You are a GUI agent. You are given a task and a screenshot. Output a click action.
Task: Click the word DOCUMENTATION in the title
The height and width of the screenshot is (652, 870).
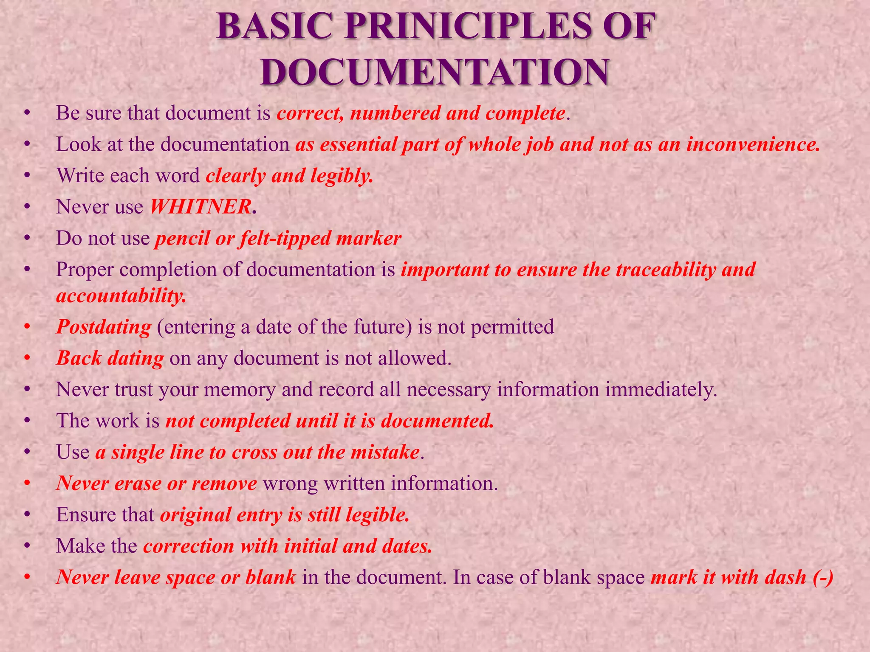tap(435, 73)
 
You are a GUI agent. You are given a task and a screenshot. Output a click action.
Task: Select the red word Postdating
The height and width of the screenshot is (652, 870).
tap(104, 327)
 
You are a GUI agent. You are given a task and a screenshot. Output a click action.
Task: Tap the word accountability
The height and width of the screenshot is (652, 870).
tap(121, 296)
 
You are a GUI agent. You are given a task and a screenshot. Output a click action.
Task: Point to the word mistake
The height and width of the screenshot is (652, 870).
tap(385, 452)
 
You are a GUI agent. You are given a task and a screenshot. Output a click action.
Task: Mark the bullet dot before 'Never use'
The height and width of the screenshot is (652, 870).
tap(28, 207)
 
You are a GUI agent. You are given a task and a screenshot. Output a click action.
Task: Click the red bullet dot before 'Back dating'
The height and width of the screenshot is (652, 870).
tap(28, 359)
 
